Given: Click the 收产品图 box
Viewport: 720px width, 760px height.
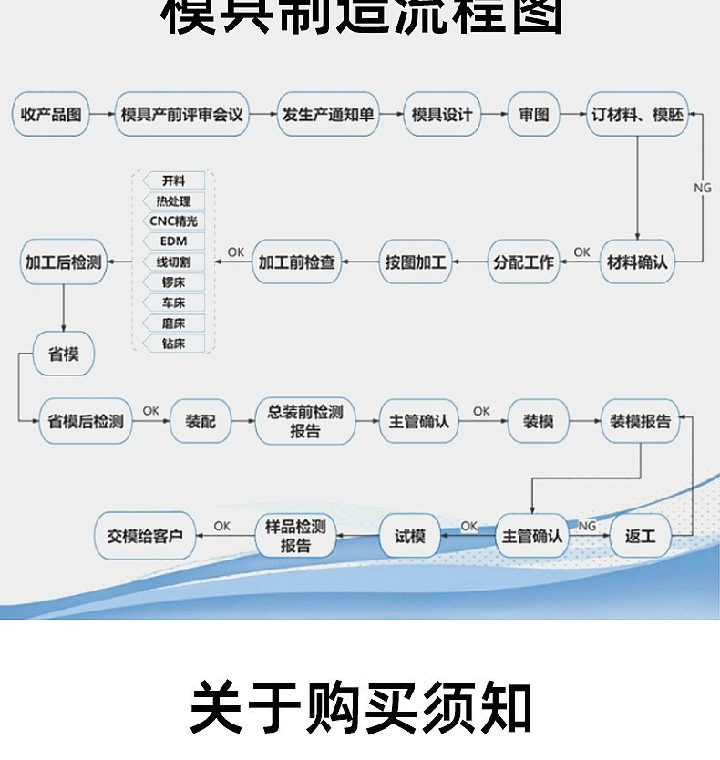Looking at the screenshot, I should (52, 115).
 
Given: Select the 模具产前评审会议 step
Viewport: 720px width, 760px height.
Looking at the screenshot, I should (182, 115).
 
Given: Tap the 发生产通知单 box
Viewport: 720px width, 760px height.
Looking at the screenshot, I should (328, 115).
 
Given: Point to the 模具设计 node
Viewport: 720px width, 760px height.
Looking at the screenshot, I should (442, 115).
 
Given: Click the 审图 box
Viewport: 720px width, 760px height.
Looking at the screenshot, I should (533, 115).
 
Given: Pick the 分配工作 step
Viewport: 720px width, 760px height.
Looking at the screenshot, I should (523, 262).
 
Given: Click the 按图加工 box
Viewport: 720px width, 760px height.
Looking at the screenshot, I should (416, 262).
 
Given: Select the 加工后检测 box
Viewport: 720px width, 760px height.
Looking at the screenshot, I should (63, 262).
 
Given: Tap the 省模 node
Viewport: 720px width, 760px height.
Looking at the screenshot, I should (63, 354).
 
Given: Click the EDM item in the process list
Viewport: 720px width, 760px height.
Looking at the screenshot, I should (172, 241).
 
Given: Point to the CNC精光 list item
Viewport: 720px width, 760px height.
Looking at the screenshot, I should (172, 221).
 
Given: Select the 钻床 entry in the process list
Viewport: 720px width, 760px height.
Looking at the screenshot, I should (172, 344).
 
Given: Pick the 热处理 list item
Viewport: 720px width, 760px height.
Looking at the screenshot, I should (172, 201).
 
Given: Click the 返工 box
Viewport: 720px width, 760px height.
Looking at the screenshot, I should (640, 537).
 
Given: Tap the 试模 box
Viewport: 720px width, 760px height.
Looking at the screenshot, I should (409, 537).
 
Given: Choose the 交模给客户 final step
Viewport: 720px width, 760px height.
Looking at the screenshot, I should (145, 537).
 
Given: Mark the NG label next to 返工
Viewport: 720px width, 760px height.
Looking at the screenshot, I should (587, 526).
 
